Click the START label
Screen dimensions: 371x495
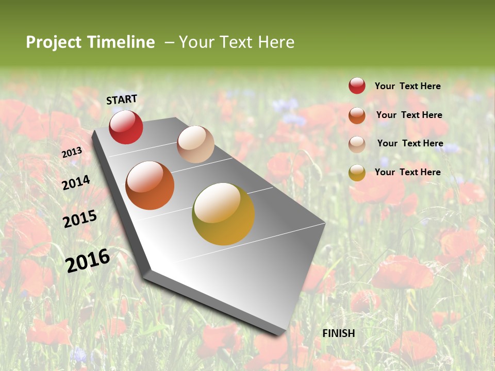[x=122, y=99]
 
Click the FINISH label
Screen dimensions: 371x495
[x=339, y=333]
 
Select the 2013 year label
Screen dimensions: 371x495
[x=72, y=152]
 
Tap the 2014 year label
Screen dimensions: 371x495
[x=76, y=182]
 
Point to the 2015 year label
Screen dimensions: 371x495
[x=80, y=218]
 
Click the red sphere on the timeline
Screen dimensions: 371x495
[x=126, y=127]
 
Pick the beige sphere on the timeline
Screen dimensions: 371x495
[x=195, y=144]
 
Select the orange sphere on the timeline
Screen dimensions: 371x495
[x=150, y=185]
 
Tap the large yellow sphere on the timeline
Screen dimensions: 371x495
[x=223, y=214]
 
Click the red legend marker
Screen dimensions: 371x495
[x=357, y=86]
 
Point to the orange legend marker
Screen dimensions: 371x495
[x=357, y=115]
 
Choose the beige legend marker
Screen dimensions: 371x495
[x=357, y=144]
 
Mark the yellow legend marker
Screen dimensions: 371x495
[x=357, y=173]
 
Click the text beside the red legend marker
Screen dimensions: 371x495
[x=407, y=86]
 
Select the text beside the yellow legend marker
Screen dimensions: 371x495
[x=407, y=172]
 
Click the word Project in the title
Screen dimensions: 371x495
[x=54, y=42]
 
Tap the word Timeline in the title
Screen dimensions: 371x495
[x=121, y=42]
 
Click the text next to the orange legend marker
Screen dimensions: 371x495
[x=409, y=115]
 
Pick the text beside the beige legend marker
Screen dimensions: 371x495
[x=410, y=143]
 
